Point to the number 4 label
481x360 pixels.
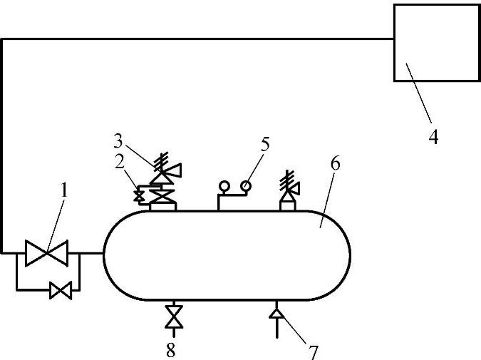pos(433,135)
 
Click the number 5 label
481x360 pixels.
pos(265,144)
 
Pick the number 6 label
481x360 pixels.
pos(335,163)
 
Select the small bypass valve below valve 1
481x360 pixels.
pos(61,290)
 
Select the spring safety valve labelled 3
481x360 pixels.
pos(165,171)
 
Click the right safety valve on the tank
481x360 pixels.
pos(289,189)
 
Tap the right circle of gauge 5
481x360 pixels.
pos(246,187)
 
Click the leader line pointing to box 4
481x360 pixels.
pos(420,93)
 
